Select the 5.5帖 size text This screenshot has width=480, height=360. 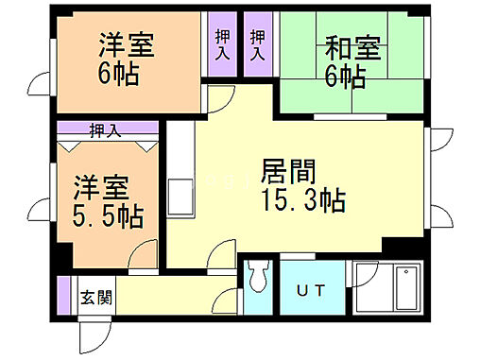click(x=109, y=216)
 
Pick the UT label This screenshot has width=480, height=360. click(x=309, y=291)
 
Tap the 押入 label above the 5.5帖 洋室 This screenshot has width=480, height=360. click(x=106, y=130)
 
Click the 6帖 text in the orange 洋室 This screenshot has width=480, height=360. click(x=121, y=73)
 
